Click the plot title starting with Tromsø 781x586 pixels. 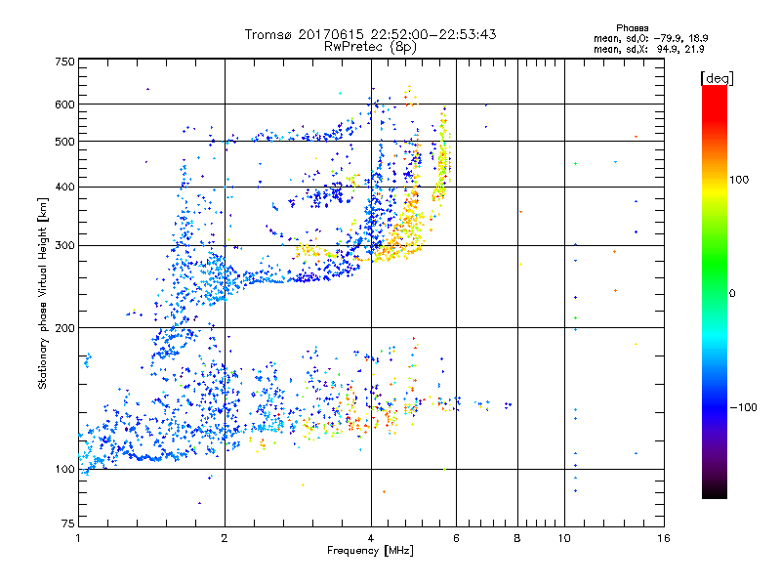click(370, 34)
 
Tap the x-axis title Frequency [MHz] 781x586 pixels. click(370, 552)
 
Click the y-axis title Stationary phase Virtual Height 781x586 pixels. click(43, 294)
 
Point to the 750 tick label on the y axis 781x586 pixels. click(63, 62)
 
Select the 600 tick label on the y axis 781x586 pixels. click(63, 105)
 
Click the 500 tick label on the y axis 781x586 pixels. click(63, 142)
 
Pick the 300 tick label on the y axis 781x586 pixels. click(63, 245)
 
